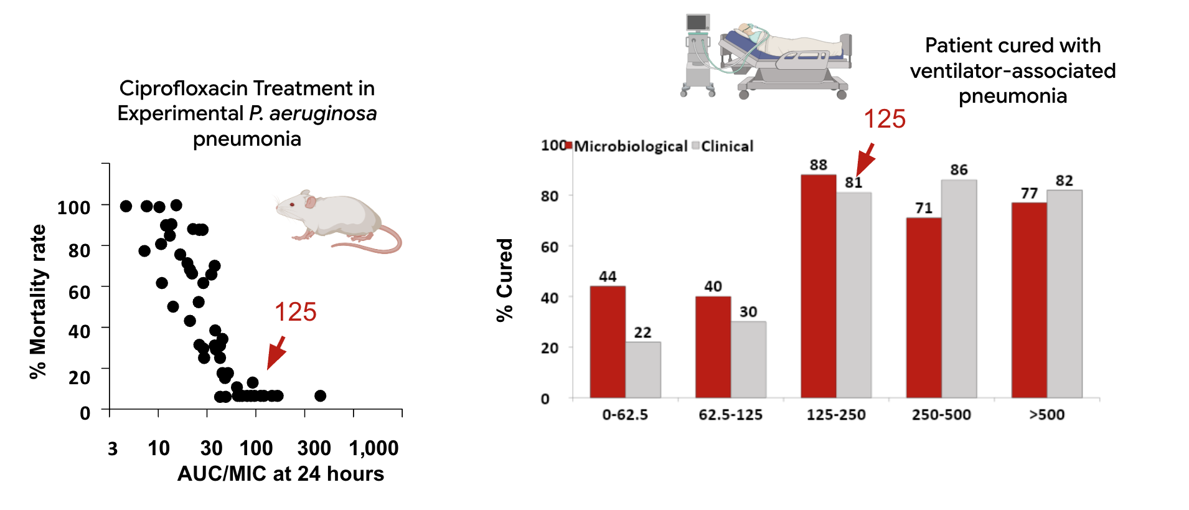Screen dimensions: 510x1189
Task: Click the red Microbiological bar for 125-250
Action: coord(818,286)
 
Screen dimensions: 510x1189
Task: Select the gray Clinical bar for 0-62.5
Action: coord(643,370)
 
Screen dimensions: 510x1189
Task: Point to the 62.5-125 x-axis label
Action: coord(730,415)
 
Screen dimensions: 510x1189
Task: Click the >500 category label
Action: coord(1047,415)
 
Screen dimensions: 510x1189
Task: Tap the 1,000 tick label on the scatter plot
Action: coord(374,448)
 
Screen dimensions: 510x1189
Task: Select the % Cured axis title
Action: coord(504,280)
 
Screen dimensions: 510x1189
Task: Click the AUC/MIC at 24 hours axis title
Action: coord(281,474)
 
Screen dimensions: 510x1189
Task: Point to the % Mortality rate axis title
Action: coord(38,302)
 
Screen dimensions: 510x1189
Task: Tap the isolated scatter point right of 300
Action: coord(320,395)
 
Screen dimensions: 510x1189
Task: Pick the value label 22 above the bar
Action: coord(642,333)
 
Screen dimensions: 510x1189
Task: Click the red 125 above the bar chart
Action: coord(884,119)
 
